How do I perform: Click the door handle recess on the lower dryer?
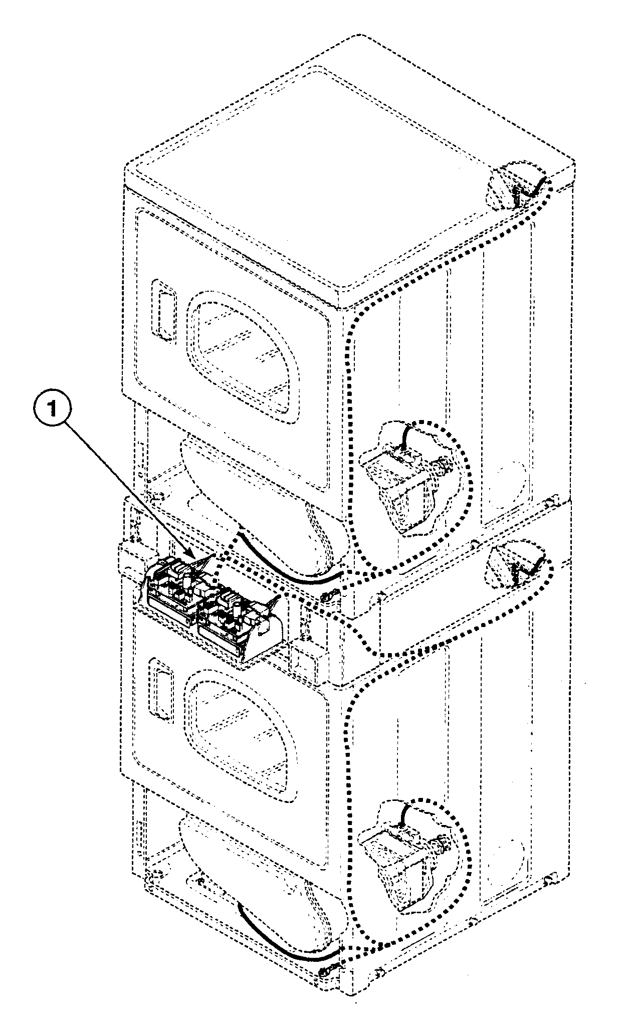pyautogui.click(x=161, y=691)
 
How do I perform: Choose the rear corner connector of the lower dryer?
pyautogui.click(x=516, y=567)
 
